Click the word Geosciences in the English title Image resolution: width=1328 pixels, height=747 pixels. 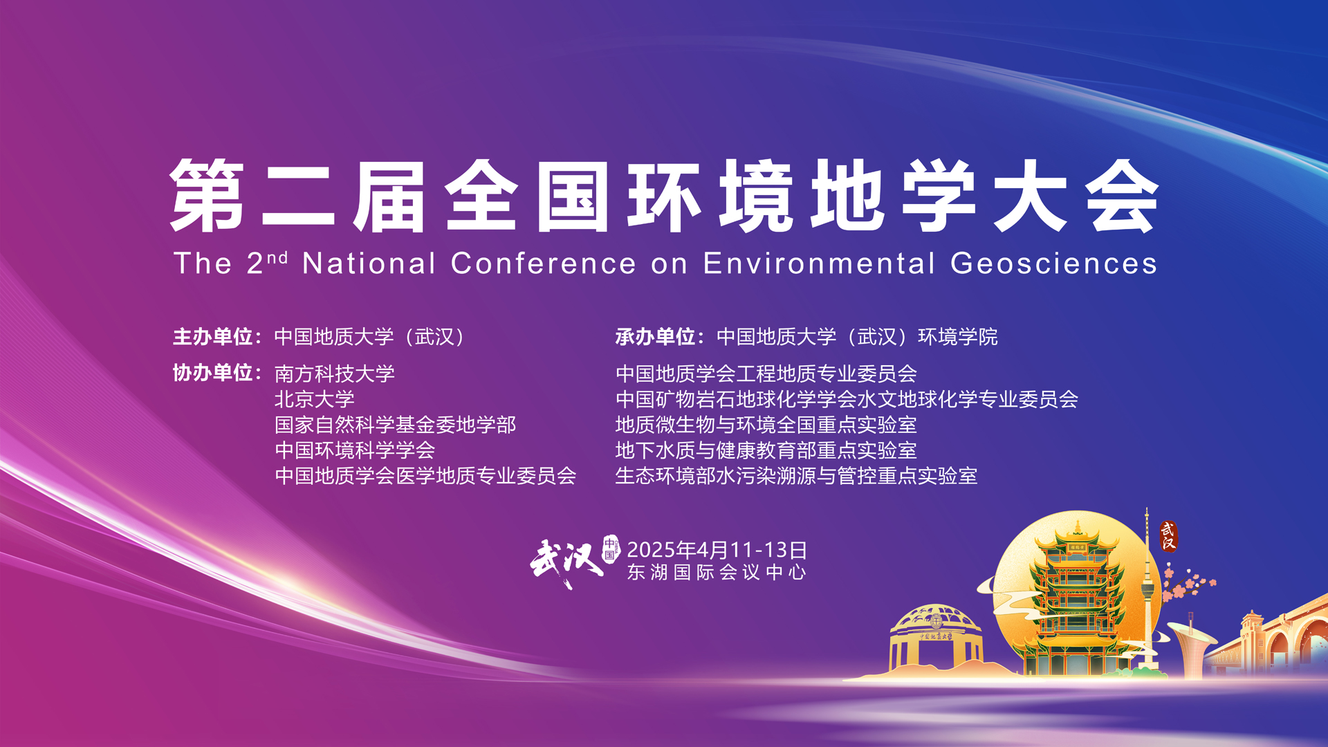(x=1053, y=264)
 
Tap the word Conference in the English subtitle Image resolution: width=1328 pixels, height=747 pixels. (x=543, y=264)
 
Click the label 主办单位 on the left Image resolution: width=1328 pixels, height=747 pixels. (x=213, y=337)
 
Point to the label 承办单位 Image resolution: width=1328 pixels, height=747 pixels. (x=656, y=337)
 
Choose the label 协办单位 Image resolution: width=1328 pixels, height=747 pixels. (x=213, y=373)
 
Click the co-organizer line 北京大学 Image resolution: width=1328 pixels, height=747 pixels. (x=315, y=399)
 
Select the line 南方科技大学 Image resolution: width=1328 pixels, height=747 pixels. (x=335, y=373)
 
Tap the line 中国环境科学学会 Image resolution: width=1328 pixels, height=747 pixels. (x=355, y=450)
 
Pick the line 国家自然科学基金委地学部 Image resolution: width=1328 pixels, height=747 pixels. (x=396, y=425)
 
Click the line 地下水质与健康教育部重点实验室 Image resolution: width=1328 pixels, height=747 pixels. (x=766, y=450)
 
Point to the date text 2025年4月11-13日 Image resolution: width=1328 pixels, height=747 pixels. (x=717, y=550)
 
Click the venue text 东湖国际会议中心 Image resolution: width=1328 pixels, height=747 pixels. (x=717, y=572)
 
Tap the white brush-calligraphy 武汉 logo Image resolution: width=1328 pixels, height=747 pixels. (x=566, y=562)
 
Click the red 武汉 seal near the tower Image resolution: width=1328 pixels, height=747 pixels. (x=1168, y=536)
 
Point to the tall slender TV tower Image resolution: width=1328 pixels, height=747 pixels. (x=1148, y=588)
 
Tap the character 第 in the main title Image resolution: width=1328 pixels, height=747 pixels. (x=207, y=196)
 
